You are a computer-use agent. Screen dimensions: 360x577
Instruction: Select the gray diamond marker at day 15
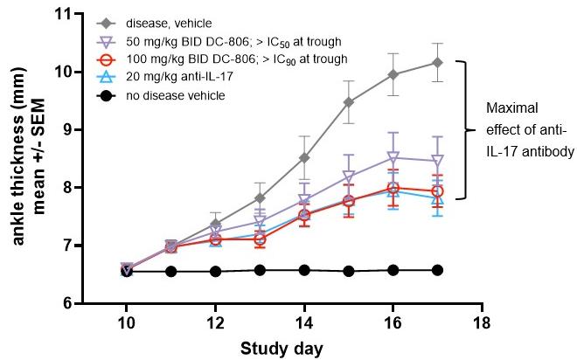(349, 102)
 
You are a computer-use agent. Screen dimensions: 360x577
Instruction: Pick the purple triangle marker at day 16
(393, 158)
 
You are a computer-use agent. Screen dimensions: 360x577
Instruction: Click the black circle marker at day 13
(260, 270)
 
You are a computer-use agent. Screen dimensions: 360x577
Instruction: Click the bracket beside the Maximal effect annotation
(475, 129)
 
